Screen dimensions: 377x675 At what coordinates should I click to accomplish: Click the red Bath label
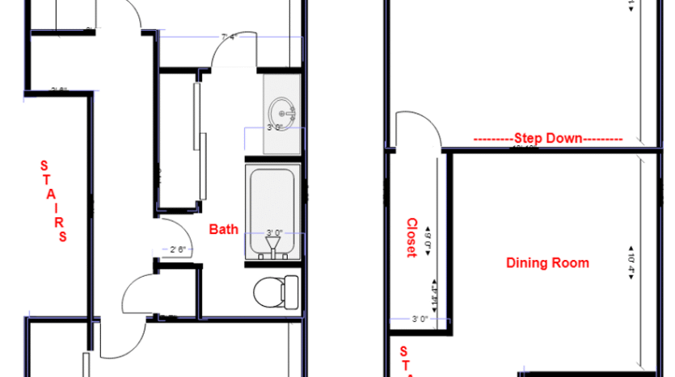point(224,229)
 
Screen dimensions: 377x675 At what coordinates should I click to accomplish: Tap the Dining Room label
point(547,262)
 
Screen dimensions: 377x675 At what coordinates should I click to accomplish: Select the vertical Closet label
point(411,238)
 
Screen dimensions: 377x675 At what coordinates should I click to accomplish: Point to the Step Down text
point(547,138)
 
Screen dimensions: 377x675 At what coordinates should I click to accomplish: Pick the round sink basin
point(284,107)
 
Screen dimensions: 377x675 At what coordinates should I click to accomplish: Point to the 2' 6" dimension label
point(177,249)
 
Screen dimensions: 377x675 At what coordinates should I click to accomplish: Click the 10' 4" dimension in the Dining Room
point(631,262)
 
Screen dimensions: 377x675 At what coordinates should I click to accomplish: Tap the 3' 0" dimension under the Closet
point(419,319)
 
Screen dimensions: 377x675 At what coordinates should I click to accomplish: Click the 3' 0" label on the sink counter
point(276,128)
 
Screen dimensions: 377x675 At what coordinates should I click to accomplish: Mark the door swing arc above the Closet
point(417,129)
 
